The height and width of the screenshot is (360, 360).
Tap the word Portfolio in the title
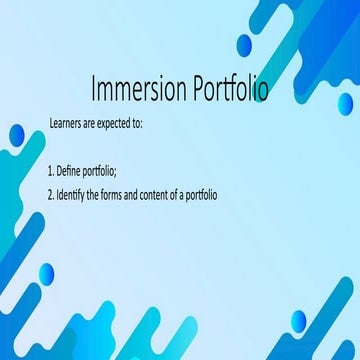[x=223, y=91]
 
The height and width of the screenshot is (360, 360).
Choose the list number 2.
[x=51, y=192]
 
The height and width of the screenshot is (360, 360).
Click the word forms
[x=122, y=192]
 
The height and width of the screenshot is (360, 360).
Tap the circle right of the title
[x=345, y=104]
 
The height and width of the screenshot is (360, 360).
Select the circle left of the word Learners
[x=17, y=135]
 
